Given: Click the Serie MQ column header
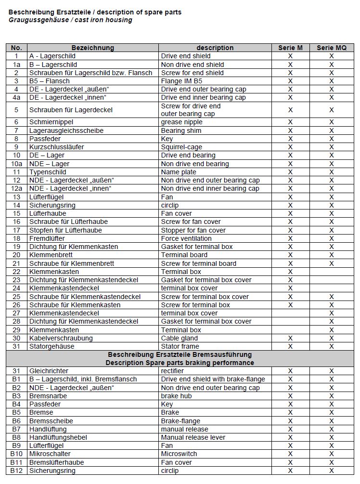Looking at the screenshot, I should [x=331, y=48].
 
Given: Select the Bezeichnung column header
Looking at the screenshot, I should [x=93, y=48].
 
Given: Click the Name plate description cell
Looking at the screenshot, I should [x=178, y=172].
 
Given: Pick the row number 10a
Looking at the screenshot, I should [x=16, y=164].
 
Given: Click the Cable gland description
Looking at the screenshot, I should [x=180, y=338].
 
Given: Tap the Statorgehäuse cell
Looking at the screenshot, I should [x=52, y=346].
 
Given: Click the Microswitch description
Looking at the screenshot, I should [x=179, y=454].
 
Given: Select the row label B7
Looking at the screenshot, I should [x=16, y=429].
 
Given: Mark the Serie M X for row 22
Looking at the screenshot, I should [x=290, y=272].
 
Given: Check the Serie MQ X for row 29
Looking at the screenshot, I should [x=331, y=330].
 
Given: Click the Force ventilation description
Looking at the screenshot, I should [x=186, y=238].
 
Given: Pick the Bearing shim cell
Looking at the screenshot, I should [x=180, y=131].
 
